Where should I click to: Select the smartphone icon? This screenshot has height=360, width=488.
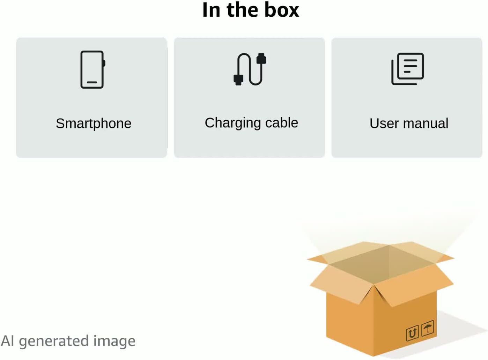[x=93, y=69]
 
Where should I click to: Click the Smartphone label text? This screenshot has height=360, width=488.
[x=94, y=123]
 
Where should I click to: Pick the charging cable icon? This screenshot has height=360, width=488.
[x=250, y=69]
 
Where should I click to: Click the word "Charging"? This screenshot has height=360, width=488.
[x=233, y=123]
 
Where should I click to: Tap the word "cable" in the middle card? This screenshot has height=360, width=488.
[x=282, y=123]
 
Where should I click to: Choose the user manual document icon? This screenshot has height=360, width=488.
[x=407, y=69]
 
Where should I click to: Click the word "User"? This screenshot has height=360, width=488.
[x=384, y=123]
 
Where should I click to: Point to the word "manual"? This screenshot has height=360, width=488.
[x=426, y=123]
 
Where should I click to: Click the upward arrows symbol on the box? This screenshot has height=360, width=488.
[x=412, y=333]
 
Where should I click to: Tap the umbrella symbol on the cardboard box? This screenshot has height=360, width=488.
[x=428, y=328]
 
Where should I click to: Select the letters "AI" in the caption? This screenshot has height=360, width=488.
[x=7, y=341]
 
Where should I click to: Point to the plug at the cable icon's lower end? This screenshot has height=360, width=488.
[x=238, y=80]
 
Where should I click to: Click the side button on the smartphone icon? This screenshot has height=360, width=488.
[x=104, y=63]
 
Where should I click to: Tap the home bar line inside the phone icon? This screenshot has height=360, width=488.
[x=92, y=82]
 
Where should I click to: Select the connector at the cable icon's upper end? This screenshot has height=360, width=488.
[x=261, y=59]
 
